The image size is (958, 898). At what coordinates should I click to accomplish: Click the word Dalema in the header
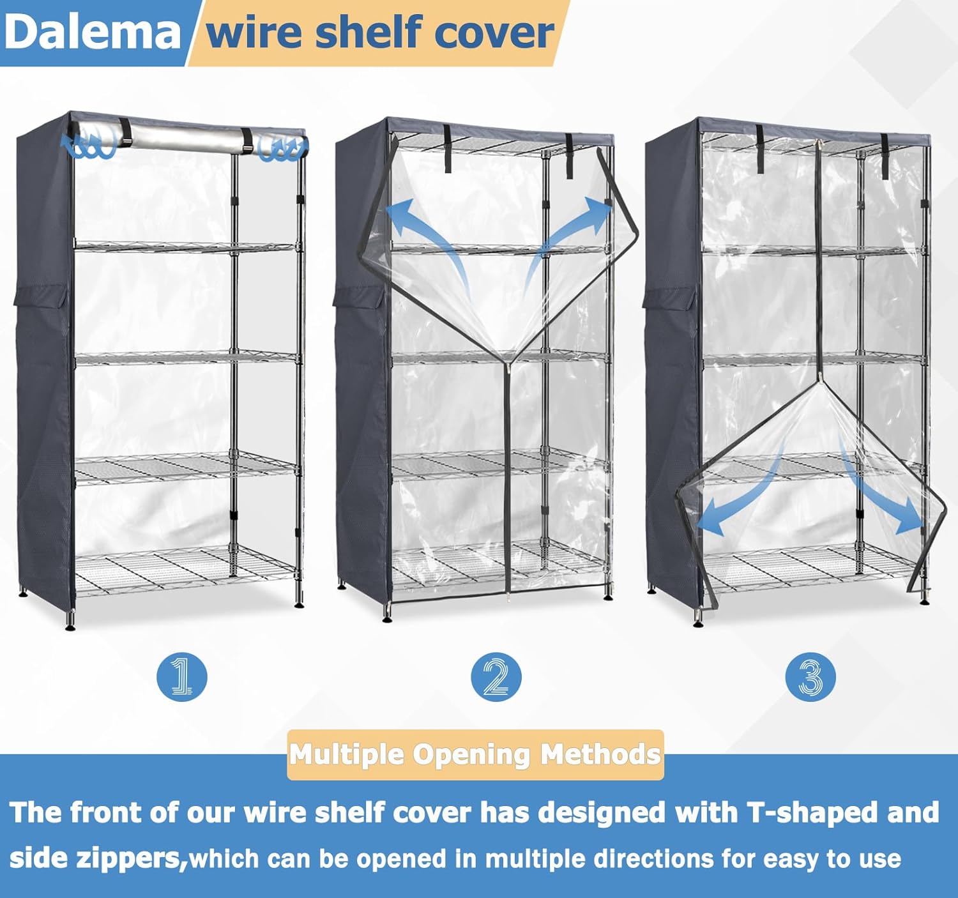(x=93, y=32)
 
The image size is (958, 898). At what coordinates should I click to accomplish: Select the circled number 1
(x=181, y=676)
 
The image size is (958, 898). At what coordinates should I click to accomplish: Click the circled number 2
(x=496, y=676)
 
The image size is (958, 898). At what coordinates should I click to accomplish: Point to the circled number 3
(x=810, y=676)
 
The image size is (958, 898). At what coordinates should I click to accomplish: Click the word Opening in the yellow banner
(x=471, y=755)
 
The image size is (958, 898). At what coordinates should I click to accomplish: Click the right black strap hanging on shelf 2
(x=568, y=156)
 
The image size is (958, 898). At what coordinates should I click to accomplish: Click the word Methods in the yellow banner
(x=600, y=755)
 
